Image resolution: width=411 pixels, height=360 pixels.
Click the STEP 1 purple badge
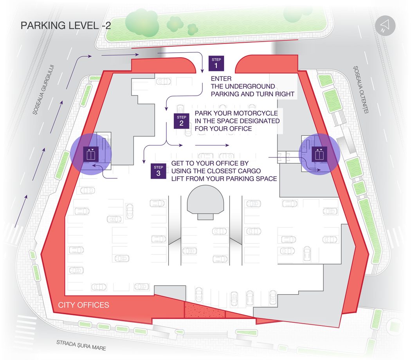pyautogui.click(x=216, y=63)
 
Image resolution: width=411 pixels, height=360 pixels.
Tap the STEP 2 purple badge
pyautogui.click(x=181, y=121)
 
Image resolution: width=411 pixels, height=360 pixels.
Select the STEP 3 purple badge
pyautogui.click(x=158, y=171)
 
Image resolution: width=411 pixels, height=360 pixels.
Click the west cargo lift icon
pyautogui.click(x=91, y=154)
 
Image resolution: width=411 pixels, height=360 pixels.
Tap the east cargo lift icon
pyautogui.click(x=319, y=154)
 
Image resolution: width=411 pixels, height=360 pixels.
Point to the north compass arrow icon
pyautogui.click(x=385, y=26)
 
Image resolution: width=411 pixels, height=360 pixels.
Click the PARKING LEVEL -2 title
pyautogui.click(x=66, y=25)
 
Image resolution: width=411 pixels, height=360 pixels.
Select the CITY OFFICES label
pyautogui.click(x=84, y=305)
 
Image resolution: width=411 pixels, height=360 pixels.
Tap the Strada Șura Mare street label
pyautogui.click(x=81, y=345)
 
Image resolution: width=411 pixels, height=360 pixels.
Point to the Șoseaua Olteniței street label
pyautogui.click(x=361, y=89)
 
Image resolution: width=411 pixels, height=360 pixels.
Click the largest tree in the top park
pyautogui.click(x=142, y=23)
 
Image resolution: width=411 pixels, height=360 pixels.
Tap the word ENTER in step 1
pyautogui.click(x=221, y=78)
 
